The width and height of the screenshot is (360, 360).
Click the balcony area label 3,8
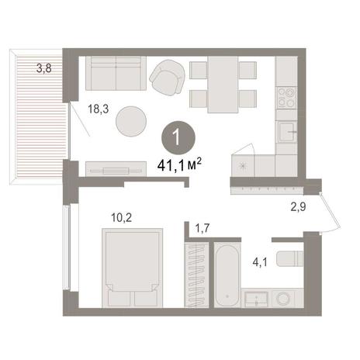tap(44, 68)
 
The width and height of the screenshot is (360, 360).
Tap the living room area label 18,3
tap(99, 109)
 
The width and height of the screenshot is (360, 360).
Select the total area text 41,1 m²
tap(179, 165)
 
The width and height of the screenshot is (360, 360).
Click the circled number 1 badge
tap(178, 138)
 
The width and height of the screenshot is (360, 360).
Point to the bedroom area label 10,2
tap(122, 217)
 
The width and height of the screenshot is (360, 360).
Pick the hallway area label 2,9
tap(298, 207)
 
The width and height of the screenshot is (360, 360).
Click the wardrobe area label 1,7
tap(202, 229)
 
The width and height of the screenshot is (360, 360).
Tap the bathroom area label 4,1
tap(260, 262)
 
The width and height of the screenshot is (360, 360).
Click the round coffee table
tap(131, 121)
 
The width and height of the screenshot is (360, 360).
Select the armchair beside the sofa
tap(168, 77)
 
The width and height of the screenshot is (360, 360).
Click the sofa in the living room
tap(116, 74)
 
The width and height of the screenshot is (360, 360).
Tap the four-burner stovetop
tap(286, 98)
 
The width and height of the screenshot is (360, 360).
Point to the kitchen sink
tap(287, 132)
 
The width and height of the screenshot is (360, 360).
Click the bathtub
tap(227, 275)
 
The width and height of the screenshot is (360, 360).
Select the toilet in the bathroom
tap(290, 258)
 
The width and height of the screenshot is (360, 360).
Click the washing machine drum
tap(283, 299)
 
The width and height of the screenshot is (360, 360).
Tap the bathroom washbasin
tap(256, 299)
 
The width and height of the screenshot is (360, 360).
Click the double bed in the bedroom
tap(133, 268)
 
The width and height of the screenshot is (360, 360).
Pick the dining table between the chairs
tap(223, 85)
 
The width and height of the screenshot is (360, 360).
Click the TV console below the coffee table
tap(116, 169)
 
